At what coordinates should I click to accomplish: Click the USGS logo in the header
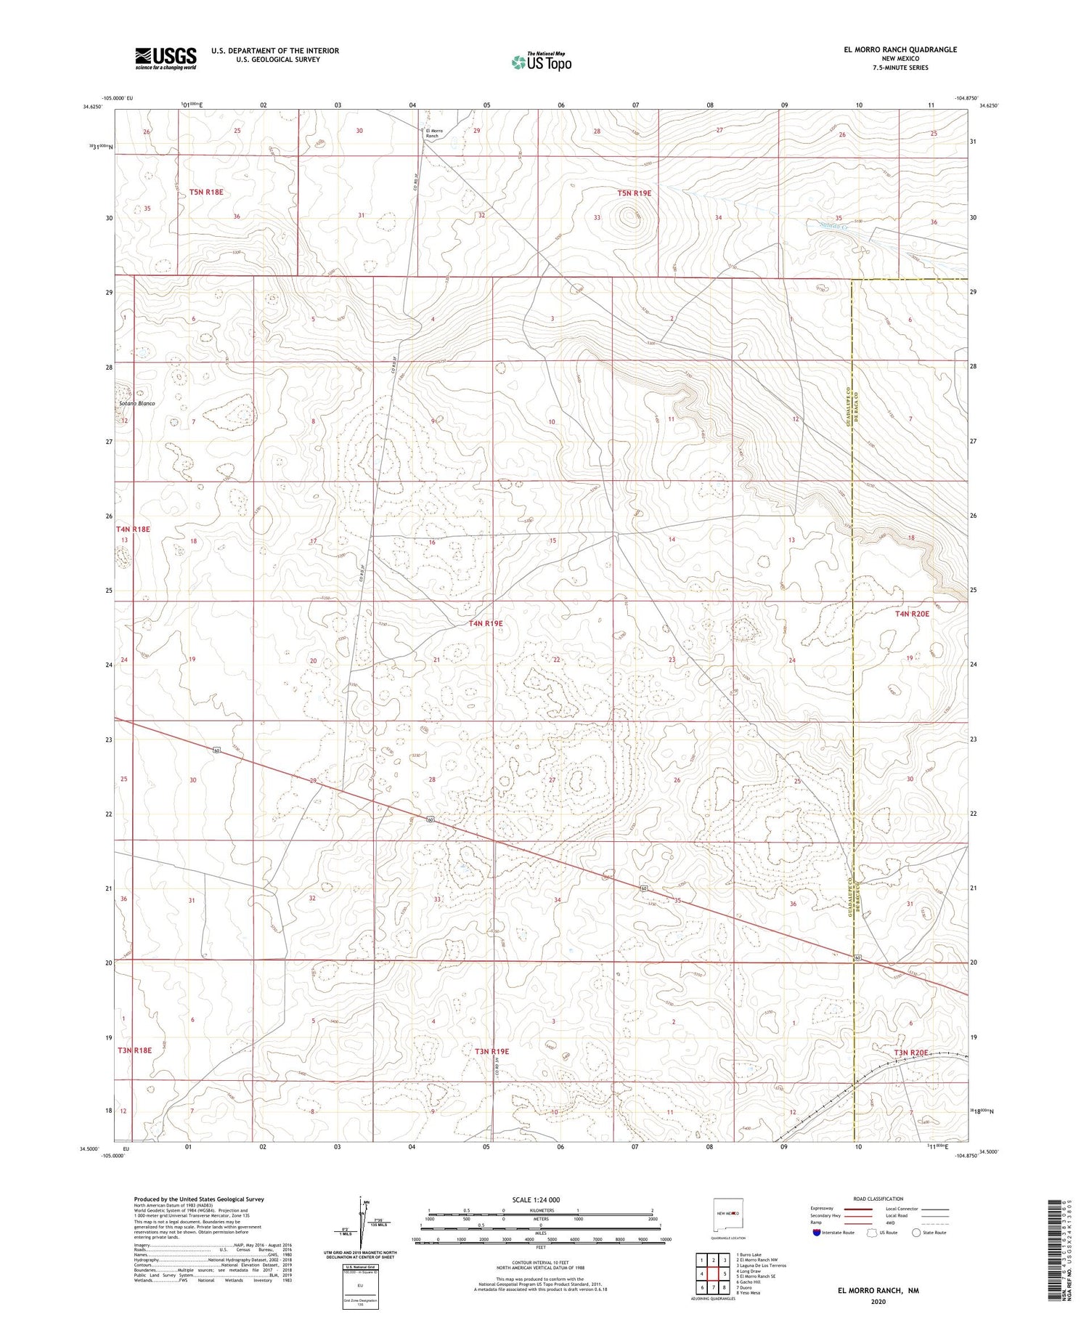(x=166, y=58)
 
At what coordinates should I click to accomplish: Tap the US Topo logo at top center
(x=542, y=62)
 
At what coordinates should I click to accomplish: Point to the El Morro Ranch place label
(x=433, y=133)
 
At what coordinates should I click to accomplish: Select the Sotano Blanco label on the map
(x=137, y=403)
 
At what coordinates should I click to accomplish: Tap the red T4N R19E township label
(x=486, y=623)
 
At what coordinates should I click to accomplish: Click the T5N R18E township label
(x=206, y=192)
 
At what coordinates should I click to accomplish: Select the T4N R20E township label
(x=912, y=614)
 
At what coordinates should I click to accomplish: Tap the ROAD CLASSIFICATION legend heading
(x=878, y=1198)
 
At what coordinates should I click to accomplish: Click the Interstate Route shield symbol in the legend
(x=816, y=1233)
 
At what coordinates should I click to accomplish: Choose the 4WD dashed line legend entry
(x=937, y=1222)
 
